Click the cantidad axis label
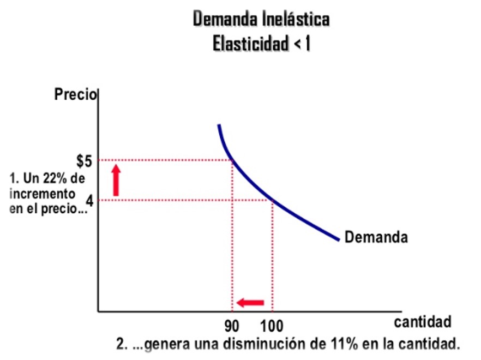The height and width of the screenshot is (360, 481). tap(423, 322)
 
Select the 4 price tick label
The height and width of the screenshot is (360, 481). tap(90, 201)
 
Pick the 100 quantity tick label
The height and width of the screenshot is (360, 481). tap(271, 327)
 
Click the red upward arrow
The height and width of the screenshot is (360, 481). tap(116, 178)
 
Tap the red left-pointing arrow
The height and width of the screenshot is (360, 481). tap(250, 302)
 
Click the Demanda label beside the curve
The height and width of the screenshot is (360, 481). tap(376, 237)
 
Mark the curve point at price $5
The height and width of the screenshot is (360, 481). tap(232, 160)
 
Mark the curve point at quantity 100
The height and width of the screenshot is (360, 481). tap(272, 201)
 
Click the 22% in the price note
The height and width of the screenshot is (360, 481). tap(55, 178)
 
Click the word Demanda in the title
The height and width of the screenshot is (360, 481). tap(219, 20)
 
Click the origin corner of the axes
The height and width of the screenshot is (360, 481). tap(98, 311)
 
